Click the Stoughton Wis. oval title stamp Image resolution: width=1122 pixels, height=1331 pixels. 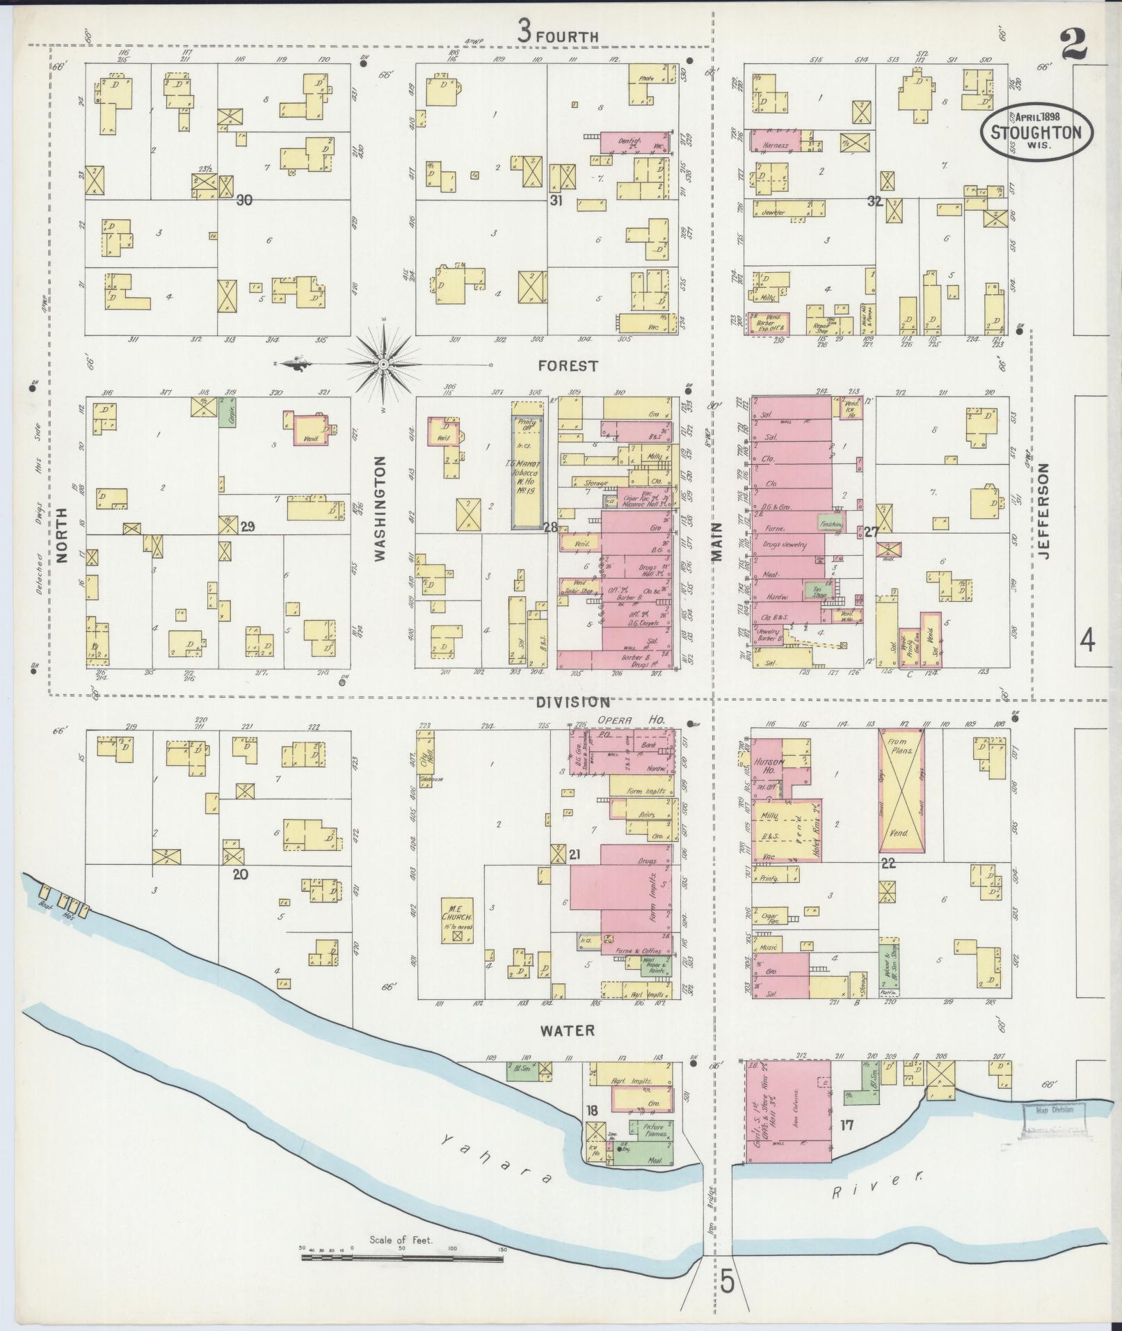[x=1036, y=132]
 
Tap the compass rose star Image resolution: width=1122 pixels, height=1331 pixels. [x=383, y=363]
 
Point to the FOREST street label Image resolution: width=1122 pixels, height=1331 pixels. [x=568, y=366]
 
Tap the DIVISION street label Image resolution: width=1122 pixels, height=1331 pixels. [x=572, y=703]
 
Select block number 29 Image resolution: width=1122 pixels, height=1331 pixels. [x=247, y=527]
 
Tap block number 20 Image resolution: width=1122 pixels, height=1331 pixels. [x=241, y=875]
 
